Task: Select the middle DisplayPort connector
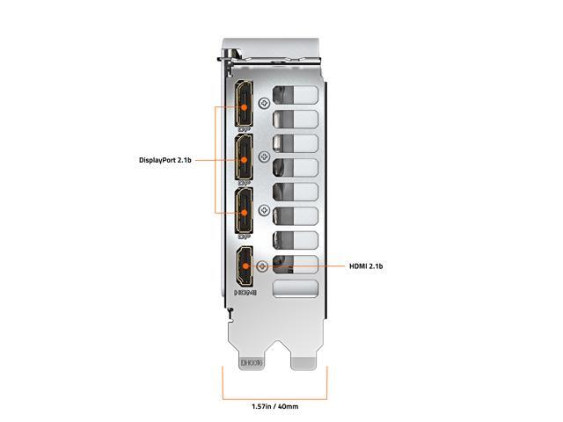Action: [x=244, y=160]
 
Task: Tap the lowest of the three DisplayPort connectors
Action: [x=244, y=212]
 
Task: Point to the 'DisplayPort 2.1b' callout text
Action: [x=165, y=160]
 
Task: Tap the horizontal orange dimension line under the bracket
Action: [x=274, y=390]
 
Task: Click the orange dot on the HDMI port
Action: [x=244, y=266]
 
